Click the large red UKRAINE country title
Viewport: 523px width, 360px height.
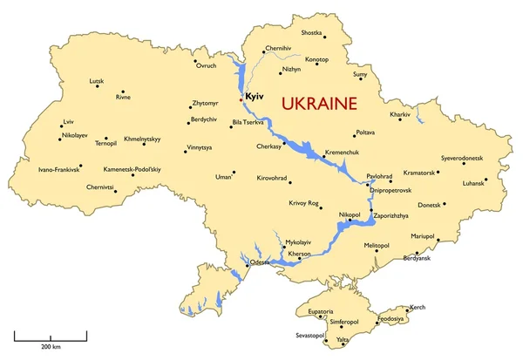(x=320, y=104)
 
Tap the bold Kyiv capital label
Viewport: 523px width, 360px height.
(x=255, y=97)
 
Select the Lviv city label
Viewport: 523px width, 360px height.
(x=69, y=123)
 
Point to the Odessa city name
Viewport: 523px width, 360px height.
(x=260, y=262)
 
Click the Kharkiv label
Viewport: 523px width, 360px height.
(x=400, y=114)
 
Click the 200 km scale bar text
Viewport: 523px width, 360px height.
(x=51, y=347)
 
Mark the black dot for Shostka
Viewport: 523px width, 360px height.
(x=323, y=37)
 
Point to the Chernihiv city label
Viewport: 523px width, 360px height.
(x=277, y=49)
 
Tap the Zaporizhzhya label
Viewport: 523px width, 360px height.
(x=390, y=214)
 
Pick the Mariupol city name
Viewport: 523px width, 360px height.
(x=422, y=235)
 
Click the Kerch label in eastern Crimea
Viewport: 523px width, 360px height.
(x=418, y=307)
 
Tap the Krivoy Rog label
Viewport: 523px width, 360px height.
(x=303, y=203)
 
